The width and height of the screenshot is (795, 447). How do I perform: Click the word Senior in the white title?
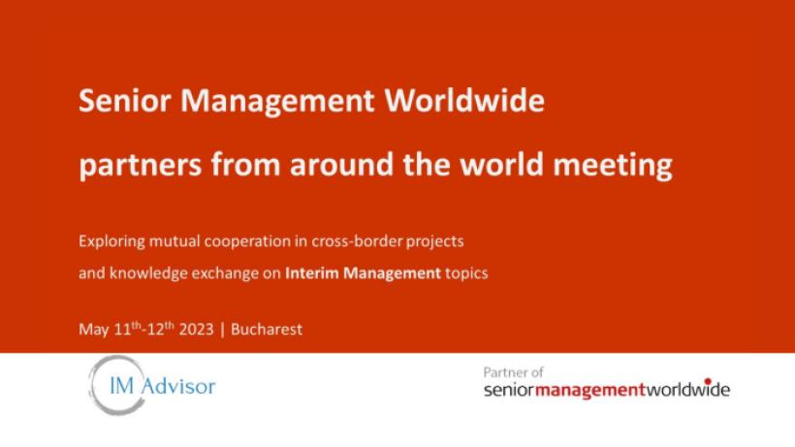tap(125, 100)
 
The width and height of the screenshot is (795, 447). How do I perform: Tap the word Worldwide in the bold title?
tap(464, 100)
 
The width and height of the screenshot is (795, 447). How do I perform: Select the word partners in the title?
tap(141, 166)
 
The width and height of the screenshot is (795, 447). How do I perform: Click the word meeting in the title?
tap(613, 166)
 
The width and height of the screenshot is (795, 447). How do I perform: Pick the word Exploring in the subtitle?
tap(111, 241)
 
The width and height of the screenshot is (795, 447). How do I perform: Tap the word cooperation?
tap(248, 241)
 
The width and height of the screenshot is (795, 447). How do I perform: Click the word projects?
tap(435, 241)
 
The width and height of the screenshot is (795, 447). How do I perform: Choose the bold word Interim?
tap(312, 273)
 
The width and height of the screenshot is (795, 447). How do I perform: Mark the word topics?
tap(466, 273)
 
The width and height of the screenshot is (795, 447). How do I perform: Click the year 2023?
tap(196, 330)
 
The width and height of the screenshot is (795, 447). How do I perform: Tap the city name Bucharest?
tap(267, 330)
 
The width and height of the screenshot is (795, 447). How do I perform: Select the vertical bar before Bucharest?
tap(222, 330)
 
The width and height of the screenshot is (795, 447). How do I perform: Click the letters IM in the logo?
tap(122, 386)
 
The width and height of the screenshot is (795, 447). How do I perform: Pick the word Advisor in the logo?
tap(178, 386)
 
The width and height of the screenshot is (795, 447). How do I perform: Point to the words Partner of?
tap(513, 372)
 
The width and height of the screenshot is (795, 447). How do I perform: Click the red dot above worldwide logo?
tap(708, 381)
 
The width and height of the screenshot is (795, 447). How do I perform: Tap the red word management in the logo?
tap(590, 390)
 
